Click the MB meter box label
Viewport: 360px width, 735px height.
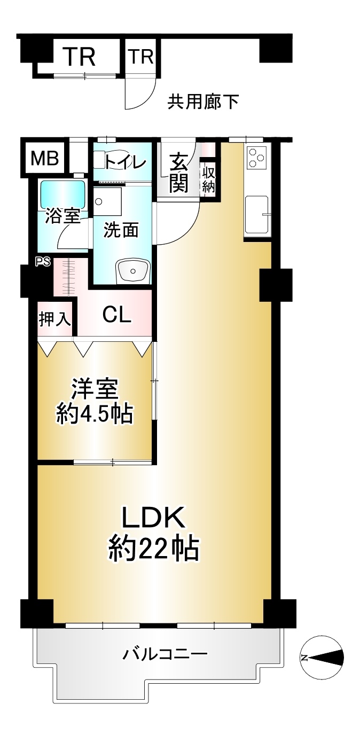[x=45, y=158]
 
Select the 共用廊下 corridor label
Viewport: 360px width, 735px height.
[x=203, y=101]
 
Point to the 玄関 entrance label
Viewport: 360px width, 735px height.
[x=178, y=173]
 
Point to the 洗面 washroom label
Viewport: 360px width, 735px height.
[x=121, y=230]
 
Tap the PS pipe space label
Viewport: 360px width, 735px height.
[x=43, y=262]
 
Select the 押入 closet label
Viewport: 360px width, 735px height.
[x=54, y=319]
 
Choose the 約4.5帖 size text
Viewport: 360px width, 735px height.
[x=94, y=415]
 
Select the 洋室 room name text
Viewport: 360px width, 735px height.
[x=95, y=389]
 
